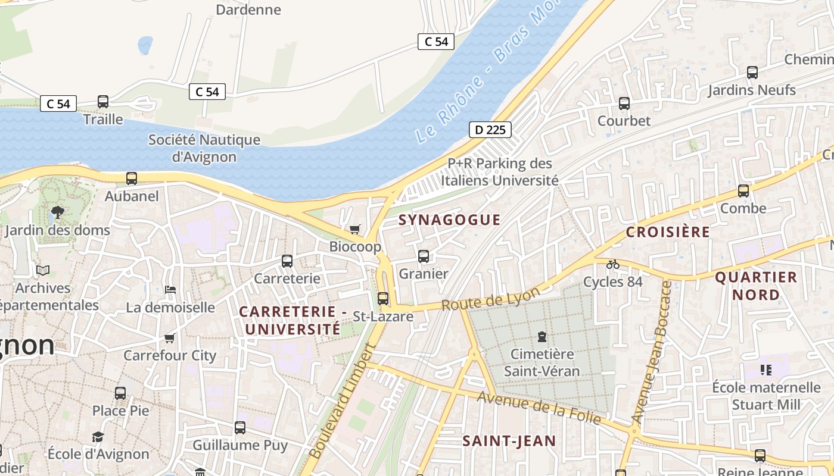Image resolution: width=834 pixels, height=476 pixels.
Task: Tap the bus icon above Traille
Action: [x=103, y=102]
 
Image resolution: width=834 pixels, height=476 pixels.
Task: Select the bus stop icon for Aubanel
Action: [x=132, y=178]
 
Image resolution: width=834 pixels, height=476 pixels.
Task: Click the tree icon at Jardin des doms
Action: [x=58, y=212]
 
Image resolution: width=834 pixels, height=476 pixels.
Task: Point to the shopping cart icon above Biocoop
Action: [x=355, y=229]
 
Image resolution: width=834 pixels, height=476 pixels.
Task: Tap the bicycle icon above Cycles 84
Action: [x=612, y=264]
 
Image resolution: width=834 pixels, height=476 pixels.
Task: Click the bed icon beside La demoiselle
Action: [x=170, y=290]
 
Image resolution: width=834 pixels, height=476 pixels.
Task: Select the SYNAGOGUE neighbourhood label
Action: [x=449, y=220]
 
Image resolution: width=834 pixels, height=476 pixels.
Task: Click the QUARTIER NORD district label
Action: [x=755, y=286]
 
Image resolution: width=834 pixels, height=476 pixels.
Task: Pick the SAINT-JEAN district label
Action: [x=509, y=441]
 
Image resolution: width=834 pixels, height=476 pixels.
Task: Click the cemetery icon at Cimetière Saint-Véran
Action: [x=542, y=337]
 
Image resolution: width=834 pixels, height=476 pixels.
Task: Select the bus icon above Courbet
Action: [x=624, y=104]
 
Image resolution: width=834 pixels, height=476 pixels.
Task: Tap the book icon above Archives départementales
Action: [x=43, y=270]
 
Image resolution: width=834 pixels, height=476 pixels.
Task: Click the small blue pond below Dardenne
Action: [x=145, y=45]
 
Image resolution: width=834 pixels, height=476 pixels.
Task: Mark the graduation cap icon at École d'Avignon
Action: [x=98, y=437]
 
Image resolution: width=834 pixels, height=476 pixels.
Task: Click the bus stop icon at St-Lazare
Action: [x=383, y=299]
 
